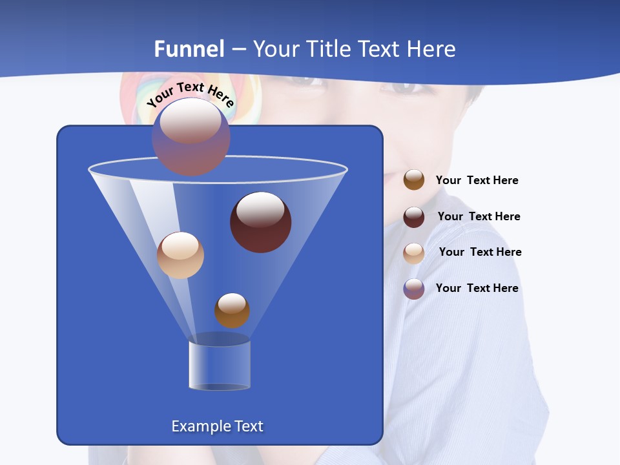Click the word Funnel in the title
[189, 49]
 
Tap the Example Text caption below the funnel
[217, 426]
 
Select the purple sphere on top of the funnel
[191, 138]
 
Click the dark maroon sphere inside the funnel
[260, 222]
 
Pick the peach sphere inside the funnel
[180, 255]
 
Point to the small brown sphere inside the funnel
[232, 310]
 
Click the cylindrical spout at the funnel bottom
[220, 365]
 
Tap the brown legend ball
[414, 180]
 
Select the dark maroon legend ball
[414, 216]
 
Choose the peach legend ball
[414, 253]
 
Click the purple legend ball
[414, 289]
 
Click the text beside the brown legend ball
[477, 180]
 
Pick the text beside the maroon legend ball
[479, 216]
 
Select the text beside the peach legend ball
[480, 252]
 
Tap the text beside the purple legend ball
[477, 288]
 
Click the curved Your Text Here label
[191, 93]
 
